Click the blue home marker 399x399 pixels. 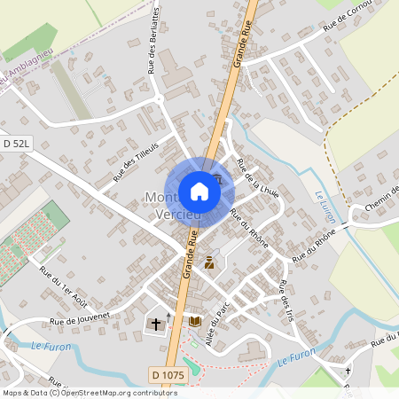click(x=199, y=191)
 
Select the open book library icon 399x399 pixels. click(x=195, y=321)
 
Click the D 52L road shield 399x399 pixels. click(x=16, y=143)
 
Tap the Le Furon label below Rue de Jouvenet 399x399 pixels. click(x=49, y=345)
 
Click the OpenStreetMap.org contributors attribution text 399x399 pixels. click(x=116, y=392)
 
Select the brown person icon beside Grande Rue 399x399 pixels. click(x=209, y=262)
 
